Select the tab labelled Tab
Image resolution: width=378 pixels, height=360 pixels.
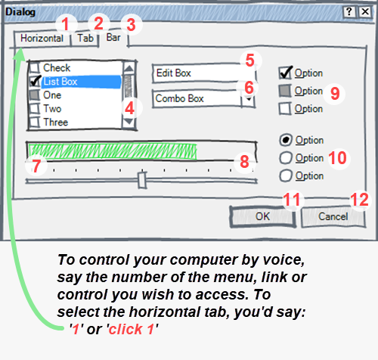pyautogui.click(x=85, y=37)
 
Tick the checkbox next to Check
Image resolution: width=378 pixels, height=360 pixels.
pyautogui.click(x=35, y=68)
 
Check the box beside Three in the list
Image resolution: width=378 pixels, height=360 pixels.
pyautogui.click(x=35, y=123)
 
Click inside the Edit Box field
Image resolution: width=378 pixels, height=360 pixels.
pyautogui.click(x=195, y=73)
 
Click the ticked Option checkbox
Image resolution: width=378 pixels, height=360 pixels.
pyautogui.click(x=286, y=73)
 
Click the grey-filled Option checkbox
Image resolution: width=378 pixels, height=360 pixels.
pyautogui.click(x=286, y=91)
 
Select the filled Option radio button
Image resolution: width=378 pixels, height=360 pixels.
pyautogui.click(x=286, y=141)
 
